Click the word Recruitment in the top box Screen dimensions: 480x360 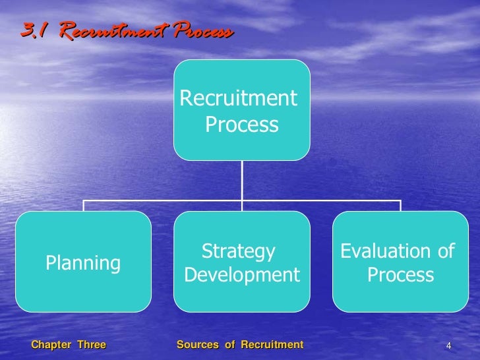(238, 99)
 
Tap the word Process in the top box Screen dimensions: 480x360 (241, 125)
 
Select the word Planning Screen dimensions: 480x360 (83, 264)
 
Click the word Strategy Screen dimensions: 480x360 (237, 251)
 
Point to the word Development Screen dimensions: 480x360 (242, 275)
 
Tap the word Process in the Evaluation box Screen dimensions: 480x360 (400, 275)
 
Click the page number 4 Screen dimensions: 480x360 (448, 346)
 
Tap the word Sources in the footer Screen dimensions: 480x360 (198, 345)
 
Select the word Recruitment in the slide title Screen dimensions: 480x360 (107, 32)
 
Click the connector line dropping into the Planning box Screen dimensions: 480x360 (84, 204)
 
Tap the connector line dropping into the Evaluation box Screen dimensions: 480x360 (400, 204)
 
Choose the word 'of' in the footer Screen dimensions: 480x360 (229, 345)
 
